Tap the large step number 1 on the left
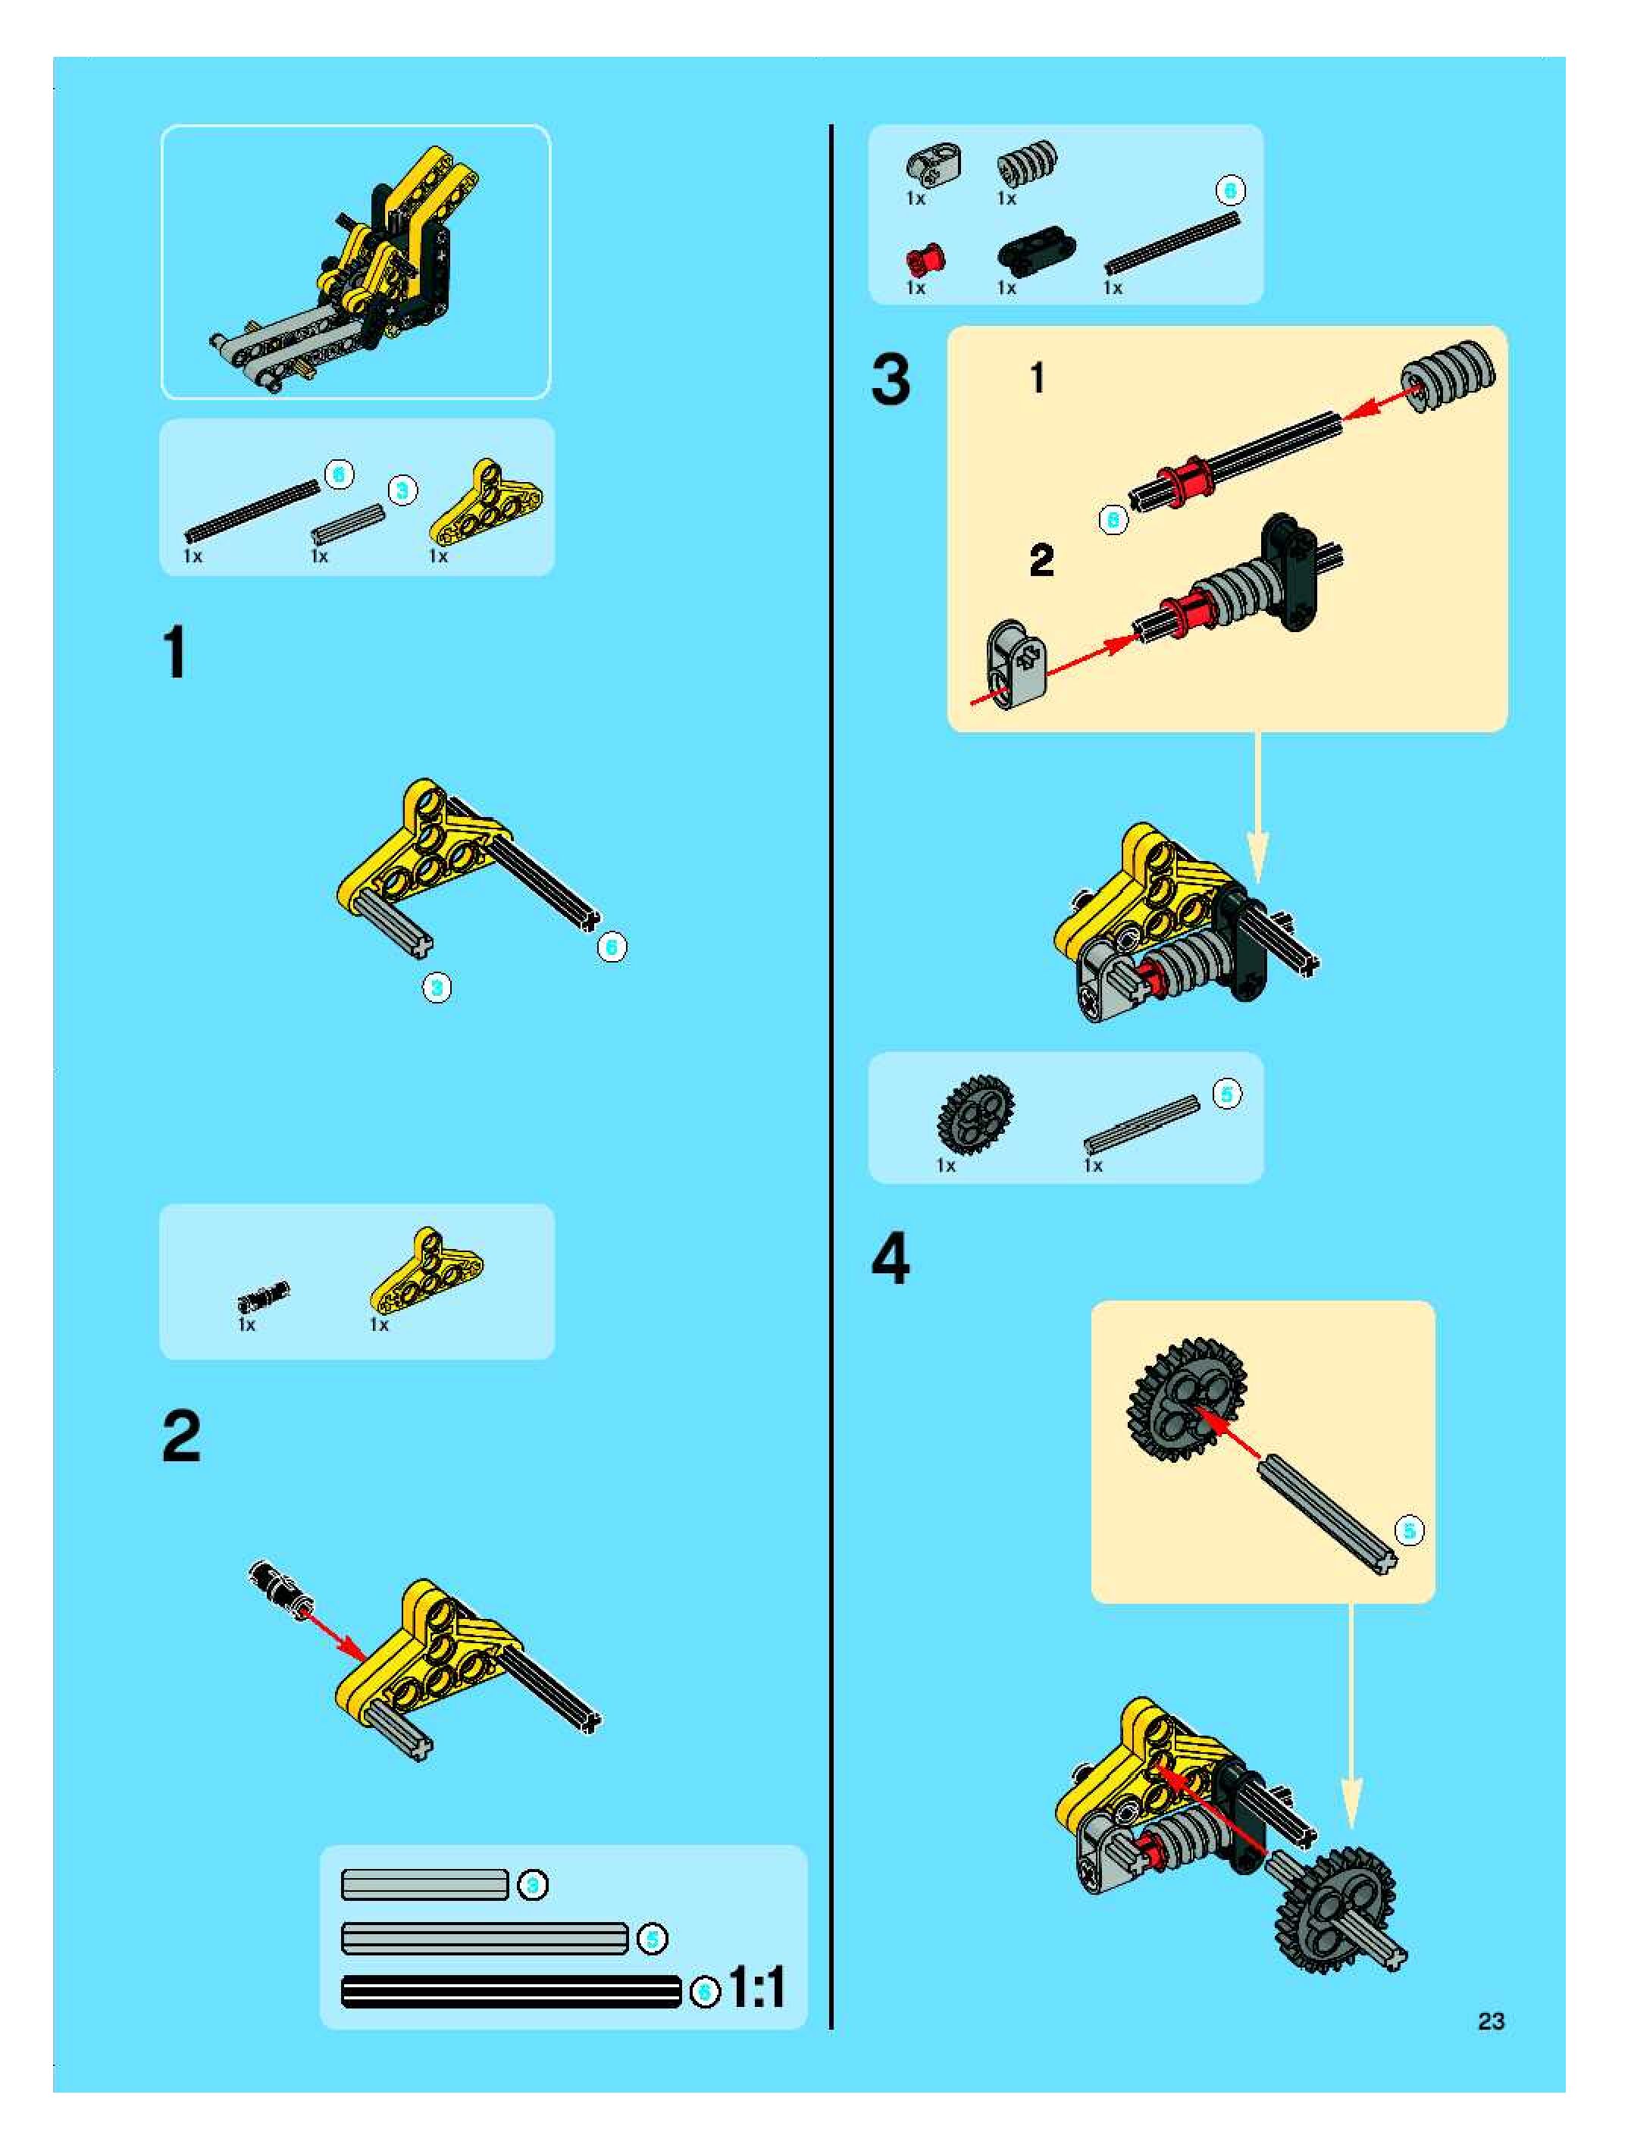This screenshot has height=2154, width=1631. coord(175,653)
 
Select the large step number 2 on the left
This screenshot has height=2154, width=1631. coord(181,1435)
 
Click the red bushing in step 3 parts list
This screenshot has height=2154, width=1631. coord(924,260)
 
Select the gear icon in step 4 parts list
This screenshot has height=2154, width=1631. coord(975,1115)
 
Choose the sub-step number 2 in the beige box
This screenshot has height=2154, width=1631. coord(1041,560)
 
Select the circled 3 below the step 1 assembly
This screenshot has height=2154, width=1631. coord(437,988)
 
